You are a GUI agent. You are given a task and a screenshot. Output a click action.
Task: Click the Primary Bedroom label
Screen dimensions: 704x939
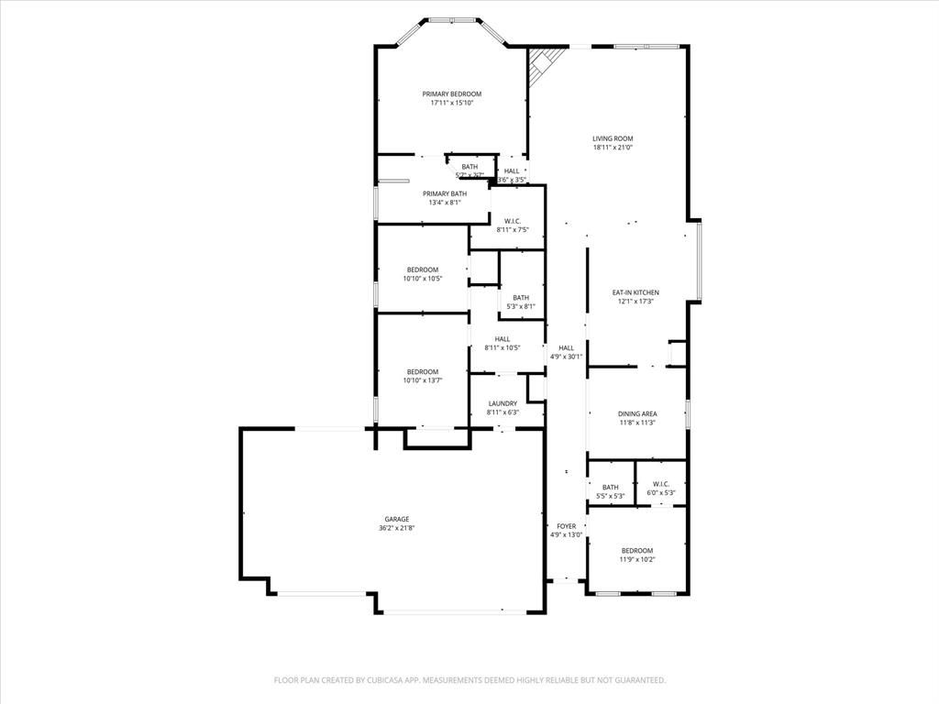(x=451, y=93)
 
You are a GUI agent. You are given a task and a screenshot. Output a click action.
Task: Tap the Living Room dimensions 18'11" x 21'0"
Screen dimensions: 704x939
(x=613, y=148)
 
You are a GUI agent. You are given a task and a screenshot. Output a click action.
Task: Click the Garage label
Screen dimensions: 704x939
(x=396, y=519)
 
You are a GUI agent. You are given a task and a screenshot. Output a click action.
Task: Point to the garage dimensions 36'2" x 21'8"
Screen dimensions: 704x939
(x=396, y=528)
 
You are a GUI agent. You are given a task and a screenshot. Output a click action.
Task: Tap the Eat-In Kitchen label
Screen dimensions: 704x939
(x=635, y=292)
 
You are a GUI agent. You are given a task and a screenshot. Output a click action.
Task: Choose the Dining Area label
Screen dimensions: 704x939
(x=636, y=413)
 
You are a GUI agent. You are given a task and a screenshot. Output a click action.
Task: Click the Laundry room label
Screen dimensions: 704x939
(x=503, y=403)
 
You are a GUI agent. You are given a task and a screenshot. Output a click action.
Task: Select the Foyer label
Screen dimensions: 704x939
(x=566, y=526)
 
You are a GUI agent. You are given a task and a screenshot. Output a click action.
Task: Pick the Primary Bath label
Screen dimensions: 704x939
(x=444, y=193)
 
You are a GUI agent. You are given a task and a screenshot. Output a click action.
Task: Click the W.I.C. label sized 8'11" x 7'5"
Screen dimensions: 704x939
(x=513, y=221)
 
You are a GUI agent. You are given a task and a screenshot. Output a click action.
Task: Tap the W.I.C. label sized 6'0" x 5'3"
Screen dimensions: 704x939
(x=661, y=486)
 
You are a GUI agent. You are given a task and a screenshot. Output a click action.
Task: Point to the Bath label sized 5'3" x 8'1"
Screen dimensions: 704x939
(x=521, y=297)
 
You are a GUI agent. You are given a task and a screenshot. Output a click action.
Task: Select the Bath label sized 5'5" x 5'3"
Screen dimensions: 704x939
(x=610, y=487)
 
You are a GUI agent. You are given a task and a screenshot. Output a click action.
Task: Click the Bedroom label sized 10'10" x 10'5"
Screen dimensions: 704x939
(x=422, y=269)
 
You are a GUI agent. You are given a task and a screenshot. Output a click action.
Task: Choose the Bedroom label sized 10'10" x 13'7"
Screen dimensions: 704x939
(x=422, y=371)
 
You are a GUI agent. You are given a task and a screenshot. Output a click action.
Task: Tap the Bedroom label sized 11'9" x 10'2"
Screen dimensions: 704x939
(x=636, y=550)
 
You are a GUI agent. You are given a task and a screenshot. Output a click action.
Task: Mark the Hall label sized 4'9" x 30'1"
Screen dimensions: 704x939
(x=566, y=347)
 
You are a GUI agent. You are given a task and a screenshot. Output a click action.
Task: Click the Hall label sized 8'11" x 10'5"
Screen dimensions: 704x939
(x=503, y=338)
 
